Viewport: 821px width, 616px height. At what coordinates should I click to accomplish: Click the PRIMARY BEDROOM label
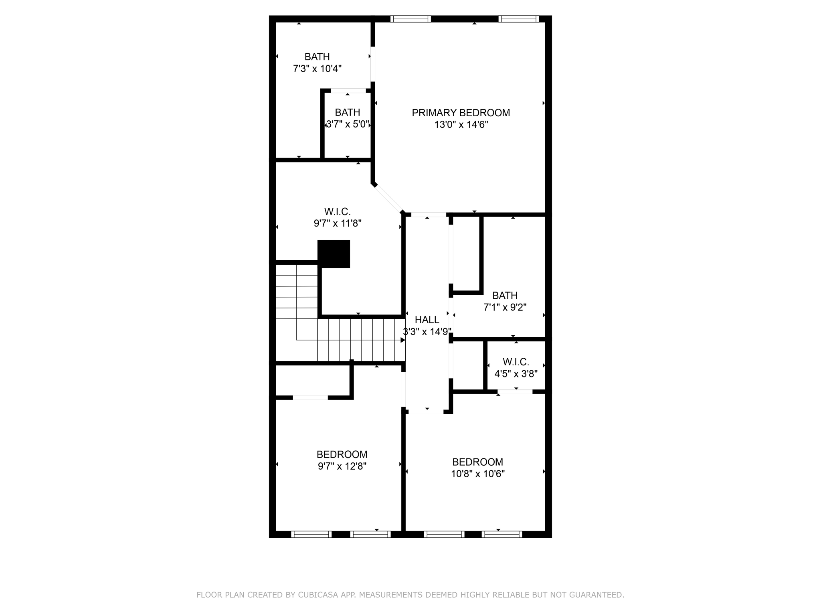point(461,113)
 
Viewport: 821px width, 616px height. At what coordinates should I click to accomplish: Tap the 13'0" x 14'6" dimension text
point(461,125)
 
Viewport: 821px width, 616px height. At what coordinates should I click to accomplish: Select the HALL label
point(427,320)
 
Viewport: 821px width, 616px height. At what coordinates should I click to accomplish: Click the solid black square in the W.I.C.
point(334,254)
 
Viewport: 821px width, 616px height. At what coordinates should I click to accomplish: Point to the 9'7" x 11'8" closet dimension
point(338,223)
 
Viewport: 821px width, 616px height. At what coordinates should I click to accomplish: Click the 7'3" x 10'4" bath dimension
point(317,69)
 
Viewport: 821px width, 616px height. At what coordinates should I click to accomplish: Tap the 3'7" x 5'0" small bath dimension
point(348,124)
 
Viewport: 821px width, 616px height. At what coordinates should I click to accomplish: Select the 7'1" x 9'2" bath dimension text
point(505,308)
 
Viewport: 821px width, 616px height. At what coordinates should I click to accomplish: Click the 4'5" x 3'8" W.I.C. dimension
point(516,374)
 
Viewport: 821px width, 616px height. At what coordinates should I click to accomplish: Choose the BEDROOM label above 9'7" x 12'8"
point(342,454)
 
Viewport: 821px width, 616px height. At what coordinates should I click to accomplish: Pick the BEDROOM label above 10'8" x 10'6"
point(477,462)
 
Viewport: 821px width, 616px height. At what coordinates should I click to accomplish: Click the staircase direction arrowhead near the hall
point(402,340)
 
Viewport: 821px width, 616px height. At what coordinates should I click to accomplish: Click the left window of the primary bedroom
point(410,19)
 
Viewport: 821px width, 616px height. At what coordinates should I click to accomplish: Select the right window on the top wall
point(519,19)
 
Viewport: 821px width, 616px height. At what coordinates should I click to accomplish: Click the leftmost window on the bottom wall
point(311,534)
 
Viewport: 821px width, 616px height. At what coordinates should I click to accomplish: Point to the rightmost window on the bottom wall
point(501,534)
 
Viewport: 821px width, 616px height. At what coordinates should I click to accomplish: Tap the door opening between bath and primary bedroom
point(373,64)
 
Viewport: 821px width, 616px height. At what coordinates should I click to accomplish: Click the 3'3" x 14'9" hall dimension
point(427,332)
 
